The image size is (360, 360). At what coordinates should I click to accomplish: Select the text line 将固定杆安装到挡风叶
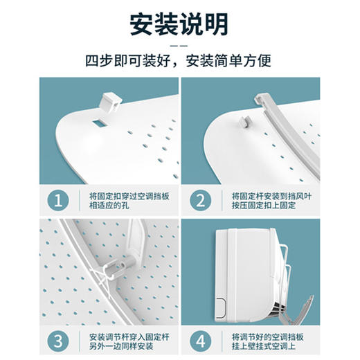pos(272,196)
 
